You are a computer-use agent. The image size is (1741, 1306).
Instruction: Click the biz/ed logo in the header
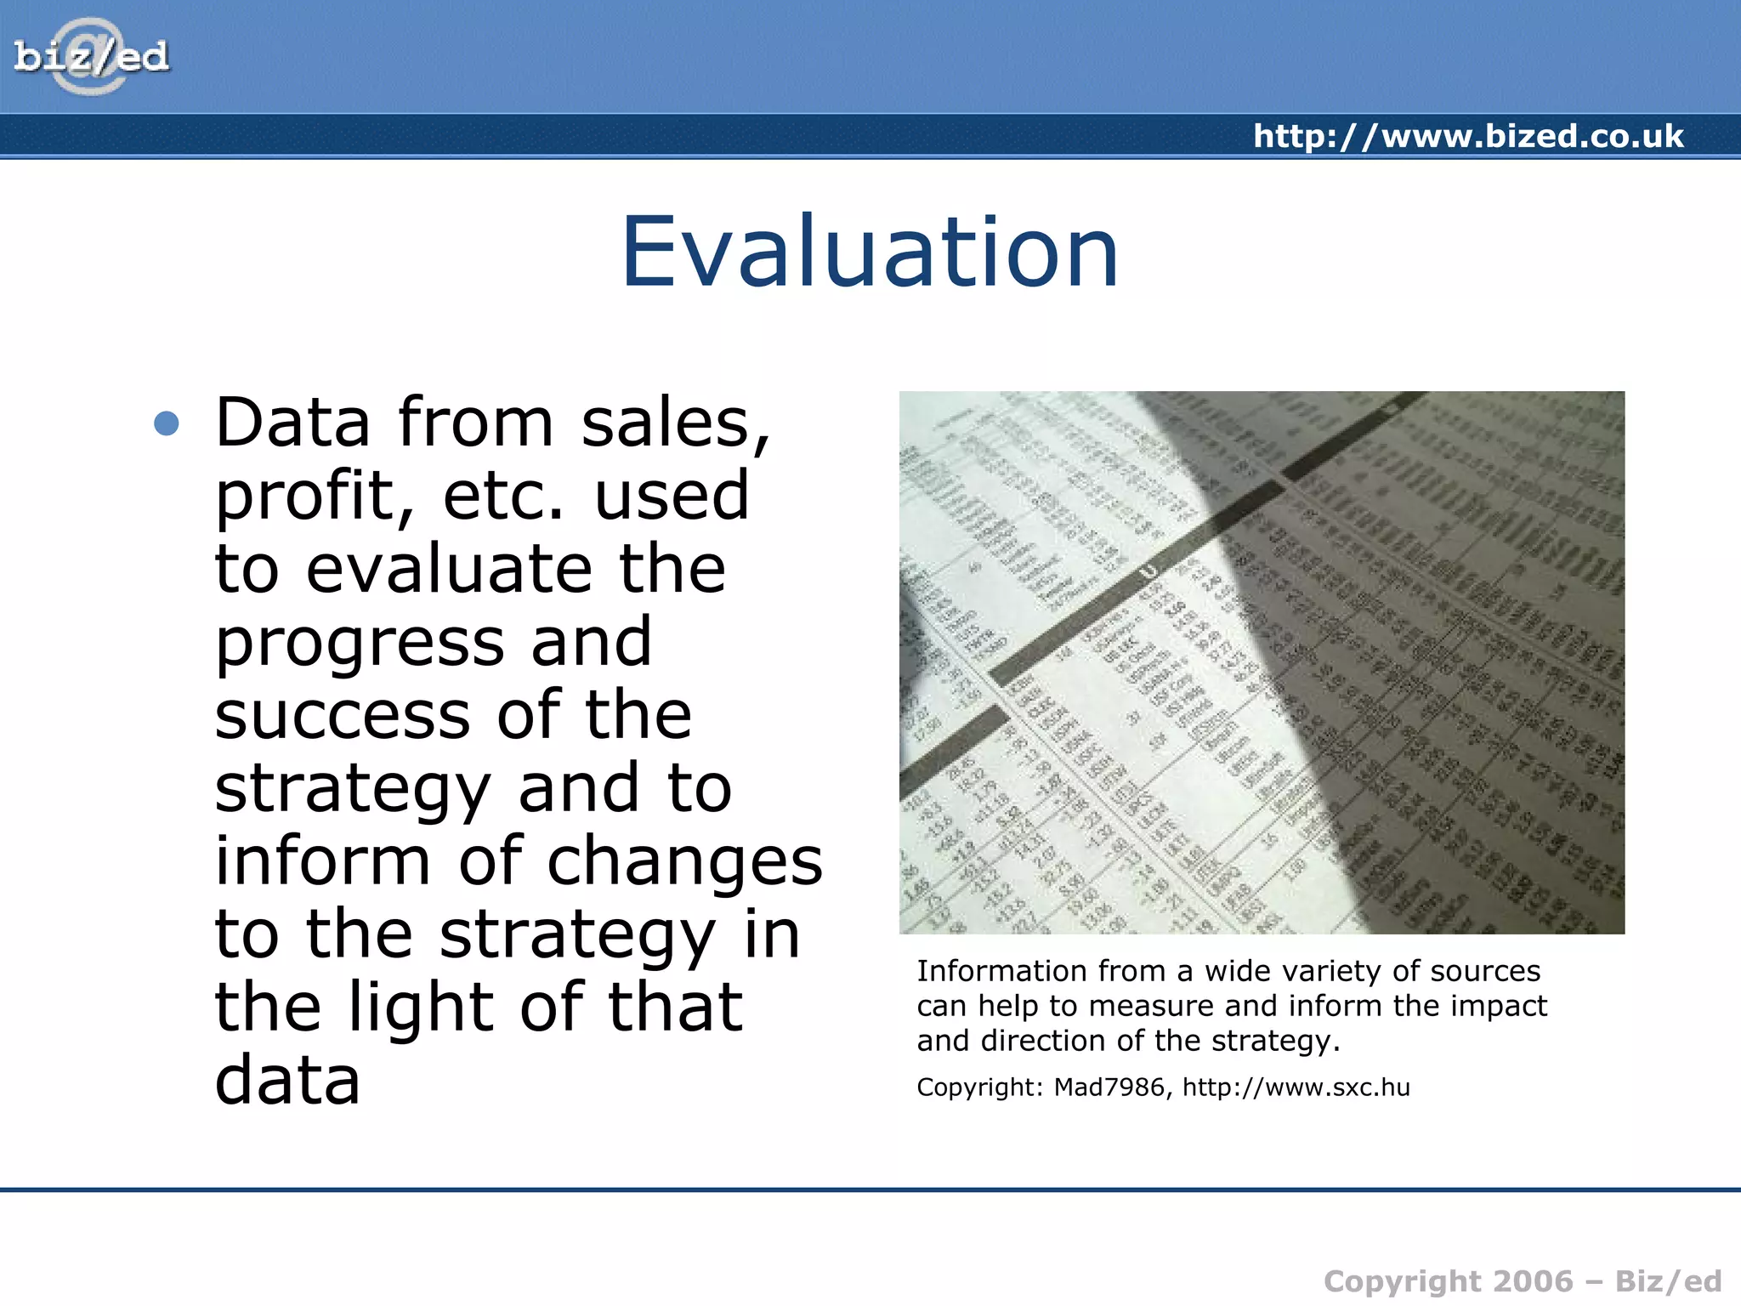[91, 57]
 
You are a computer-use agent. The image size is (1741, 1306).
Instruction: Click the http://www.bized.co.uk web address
[1468, 136]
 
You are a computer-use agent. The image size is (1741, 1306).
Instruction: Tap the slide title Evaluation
[870, 252]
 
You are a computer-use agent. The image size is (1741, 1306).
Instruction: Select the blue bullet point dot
[167, 423]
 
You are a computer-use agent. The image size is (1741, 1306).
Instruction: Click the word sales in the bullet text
[674, 423]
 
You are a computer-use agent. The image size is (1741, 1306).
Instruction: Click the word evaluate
[448, 569]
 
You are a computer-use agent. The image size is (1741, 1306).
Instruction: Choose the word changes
[684, 861]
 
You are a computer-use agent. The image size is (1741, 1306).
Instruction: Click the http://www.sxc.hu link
[1296, 1087]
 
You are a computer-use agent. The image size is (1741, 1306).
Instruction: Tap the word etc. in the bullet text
[502, 496]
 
